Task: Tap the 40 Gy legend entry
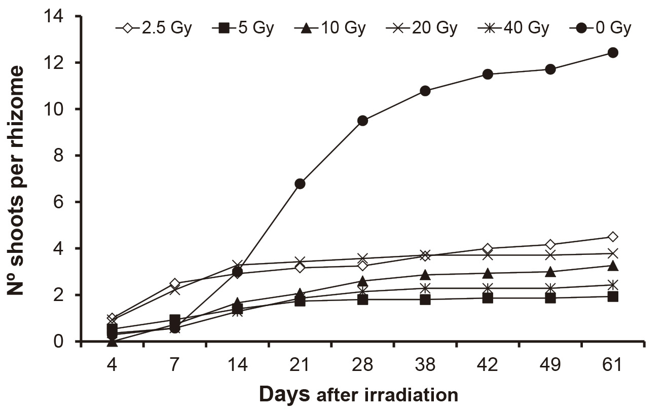512,28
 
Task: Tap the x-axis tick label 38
425,365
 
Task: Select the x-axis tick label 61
612,365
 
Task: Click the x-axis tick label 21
300,365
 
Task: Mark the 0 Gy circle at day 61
612,52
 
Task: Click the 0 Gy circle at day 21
300,183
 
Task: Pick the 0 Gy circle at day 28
362,121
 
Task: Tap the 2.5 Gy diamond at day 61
612,237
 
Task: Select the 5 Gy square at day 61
612,296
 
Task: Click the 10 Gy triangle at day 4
112,342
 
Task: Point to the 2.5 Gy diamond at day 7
175,283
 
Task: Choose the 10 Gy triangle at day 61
612,266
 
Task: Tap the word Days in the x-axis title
284,394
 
